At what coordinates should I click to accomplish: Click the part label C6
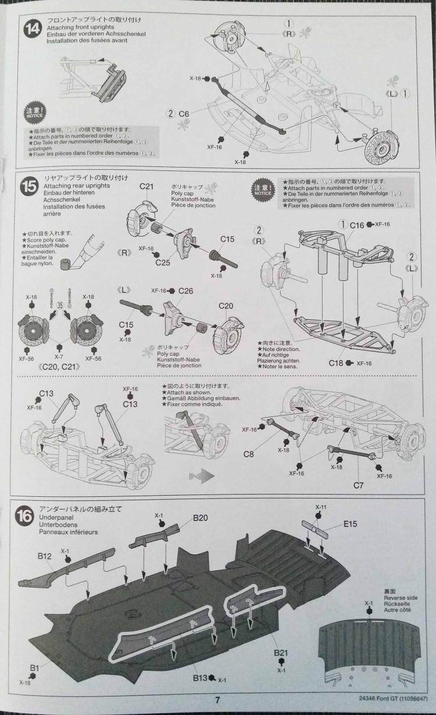tap(184, 114)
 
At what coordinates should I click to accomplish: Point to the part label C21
tap(146, 186)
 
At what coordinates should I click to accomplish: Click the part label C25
tap(163, 262)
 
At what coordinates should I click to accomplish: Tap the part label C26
tap(185, 290)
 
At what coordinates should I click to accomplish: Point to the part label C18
tap(337, 362)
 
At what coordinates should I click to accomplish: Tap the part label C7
tap(358, 483)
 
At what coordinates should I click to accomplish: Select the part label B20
tap(201, 518)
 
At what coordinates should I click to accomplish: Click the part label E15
tap(350, 524)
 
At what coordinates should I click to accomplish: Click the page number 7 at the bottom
tap(217, 700)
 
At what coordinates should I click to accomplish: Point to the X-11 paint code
tap(321, 507)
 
